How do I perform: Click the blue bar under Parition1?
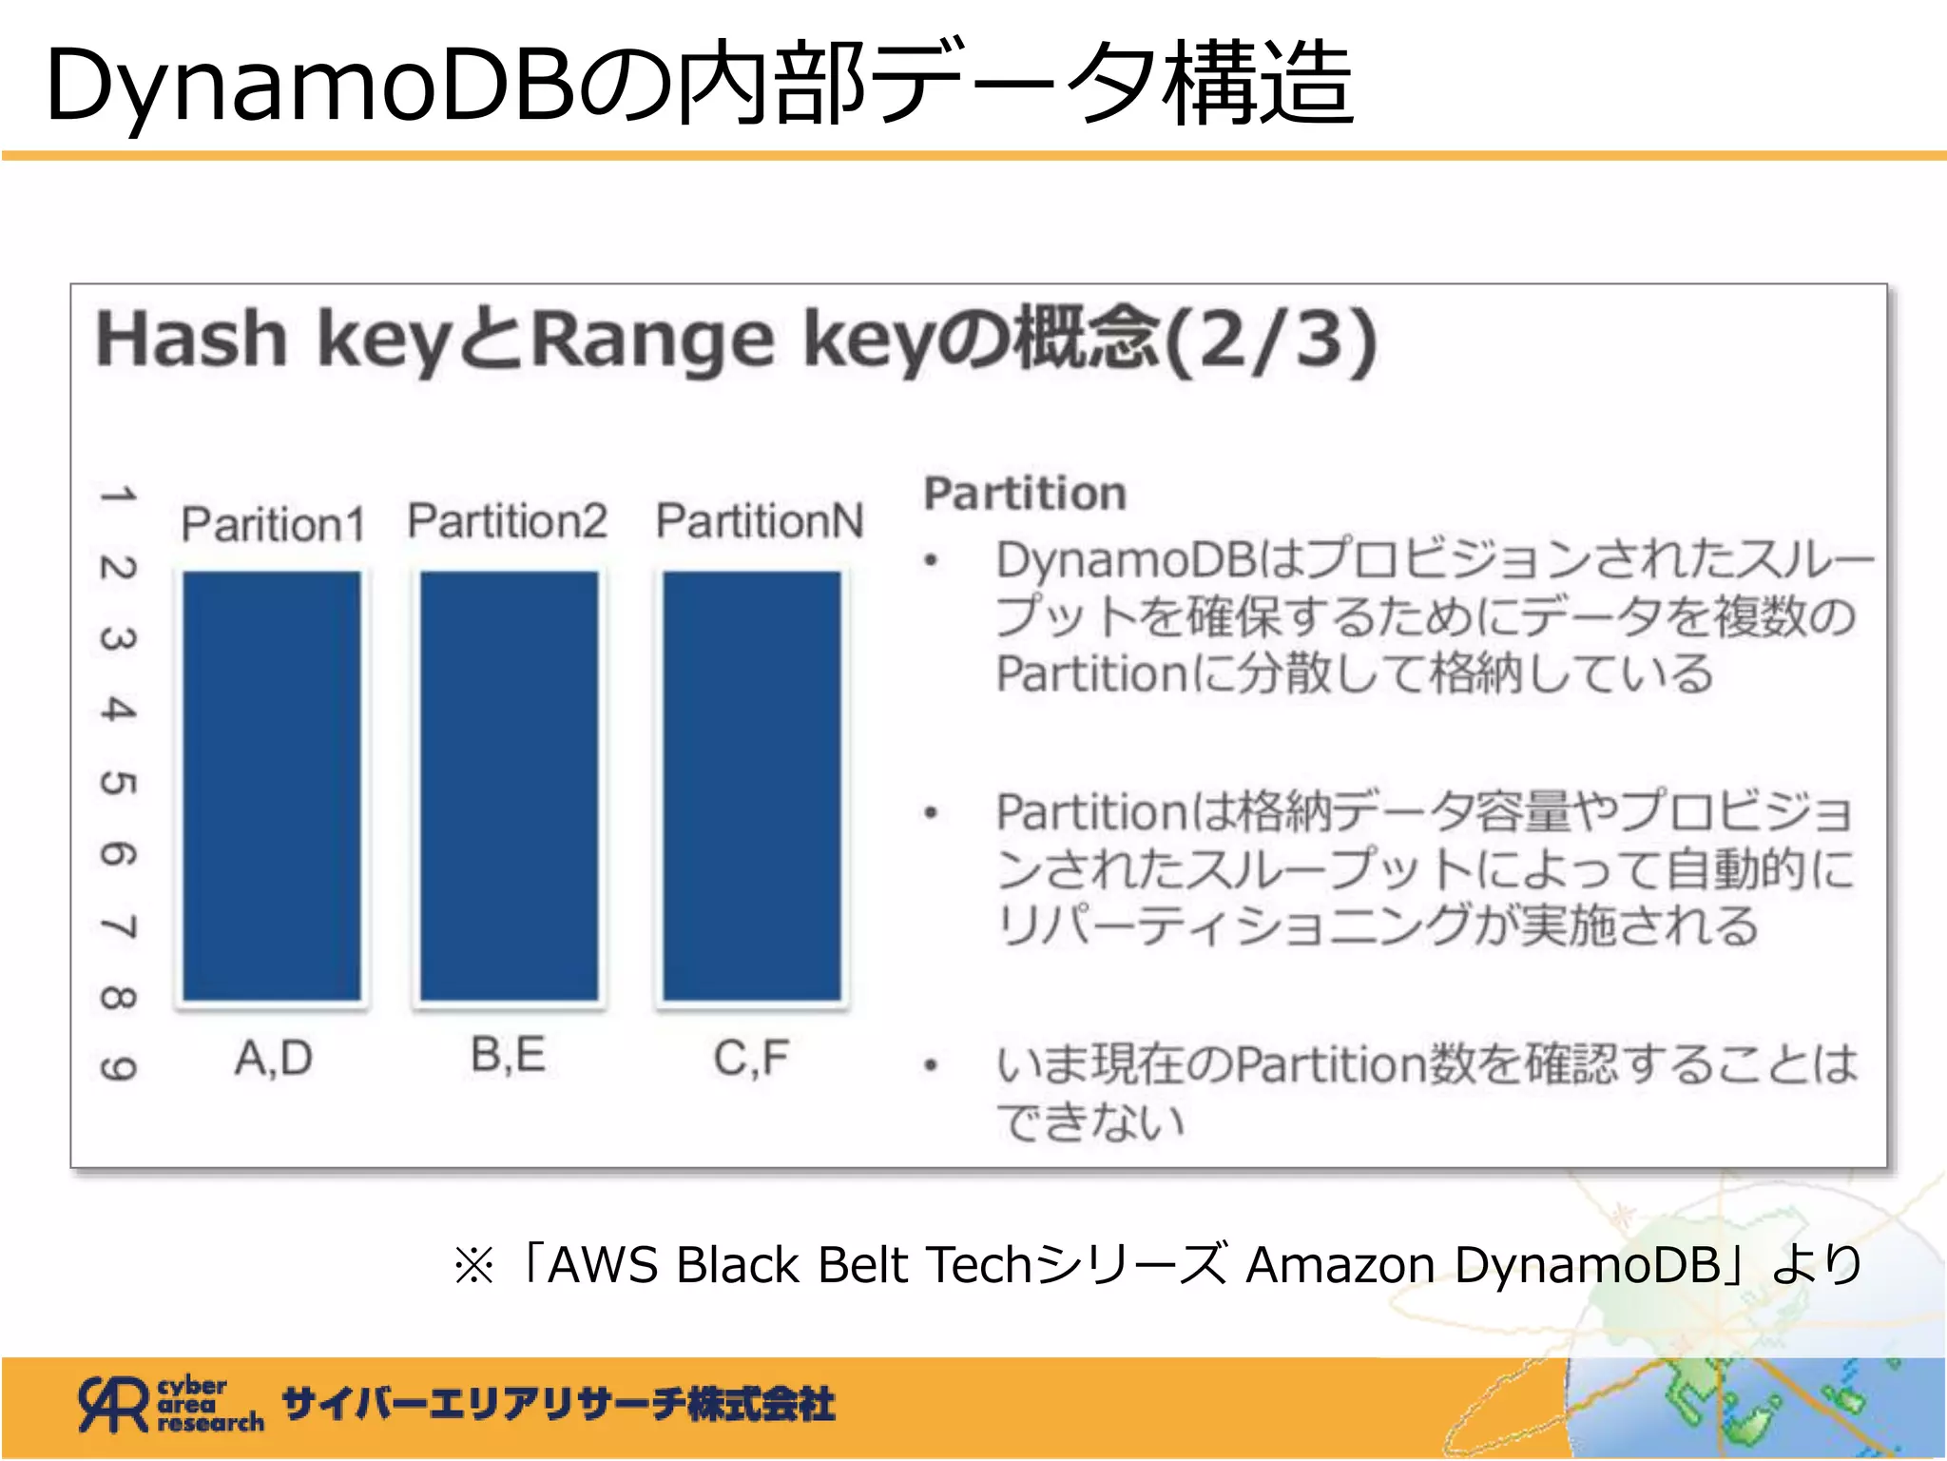[272, 786]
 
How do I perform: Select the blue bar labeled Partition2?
[510, 786]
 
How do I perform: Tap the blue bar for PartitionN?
[752, 786]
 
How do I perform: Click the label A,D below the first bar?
[274, 1058]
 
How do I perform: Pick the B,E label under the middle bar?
[509, 1056]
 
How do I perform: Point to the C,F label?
[751, 1058]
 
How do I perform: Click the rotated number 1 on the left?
[118, 496]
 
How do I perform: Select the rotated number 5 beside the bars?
[118, 783]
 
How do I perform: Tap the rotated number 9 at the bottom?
[118, 1069]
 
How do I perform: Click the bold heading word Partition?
[1025, 494]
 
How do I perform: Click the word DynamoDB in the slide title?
[310, 86]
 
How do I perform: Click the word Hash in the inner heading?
[191, 340]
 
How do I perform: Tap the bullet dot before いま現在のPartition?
[932, 1065]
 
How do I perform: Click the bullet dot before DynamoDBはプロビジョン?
[932, 561]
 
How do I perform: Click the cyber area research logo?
[171, 1404]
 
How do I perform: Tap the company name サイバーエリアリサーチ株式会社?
[558, 1404]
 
